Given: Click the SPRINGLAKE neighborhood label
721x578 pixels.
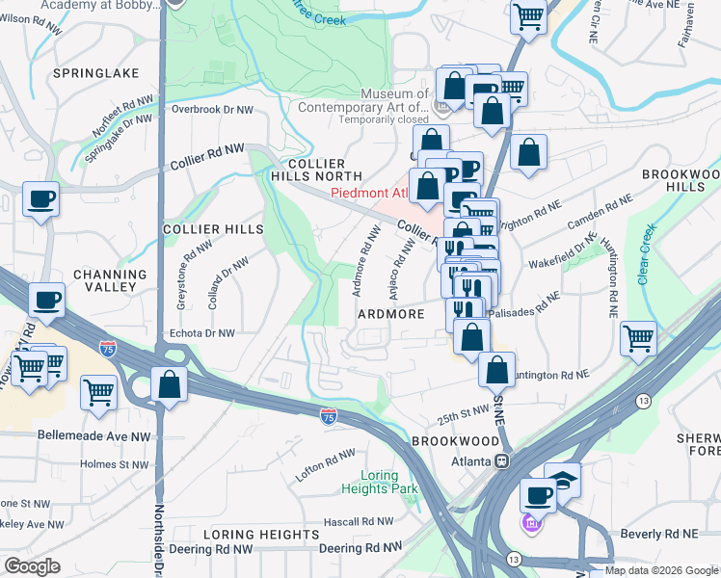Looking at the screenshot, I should click(x=96, y=73).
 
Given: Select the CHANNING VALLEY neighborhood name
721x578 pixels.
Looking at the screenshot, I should click(x=103, y=281).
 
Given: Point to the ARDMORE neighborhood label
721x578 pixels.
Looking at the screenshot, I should click(x=391, y=314).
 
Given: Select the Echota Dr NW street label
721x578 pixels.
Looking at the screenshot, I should click(x=201, y=333).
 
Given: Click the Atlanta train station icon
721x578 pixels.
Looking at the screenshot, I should click(x=502, y=460).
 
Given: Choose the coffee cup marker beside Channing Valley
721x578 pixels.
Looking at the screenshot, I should click(x=46, y=300).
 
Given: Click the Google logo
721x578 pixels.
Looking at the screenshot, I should click(x=32, y=566).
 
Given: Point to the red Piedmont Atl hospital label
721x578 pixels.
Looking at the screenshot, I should click(x=370, y=193).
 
